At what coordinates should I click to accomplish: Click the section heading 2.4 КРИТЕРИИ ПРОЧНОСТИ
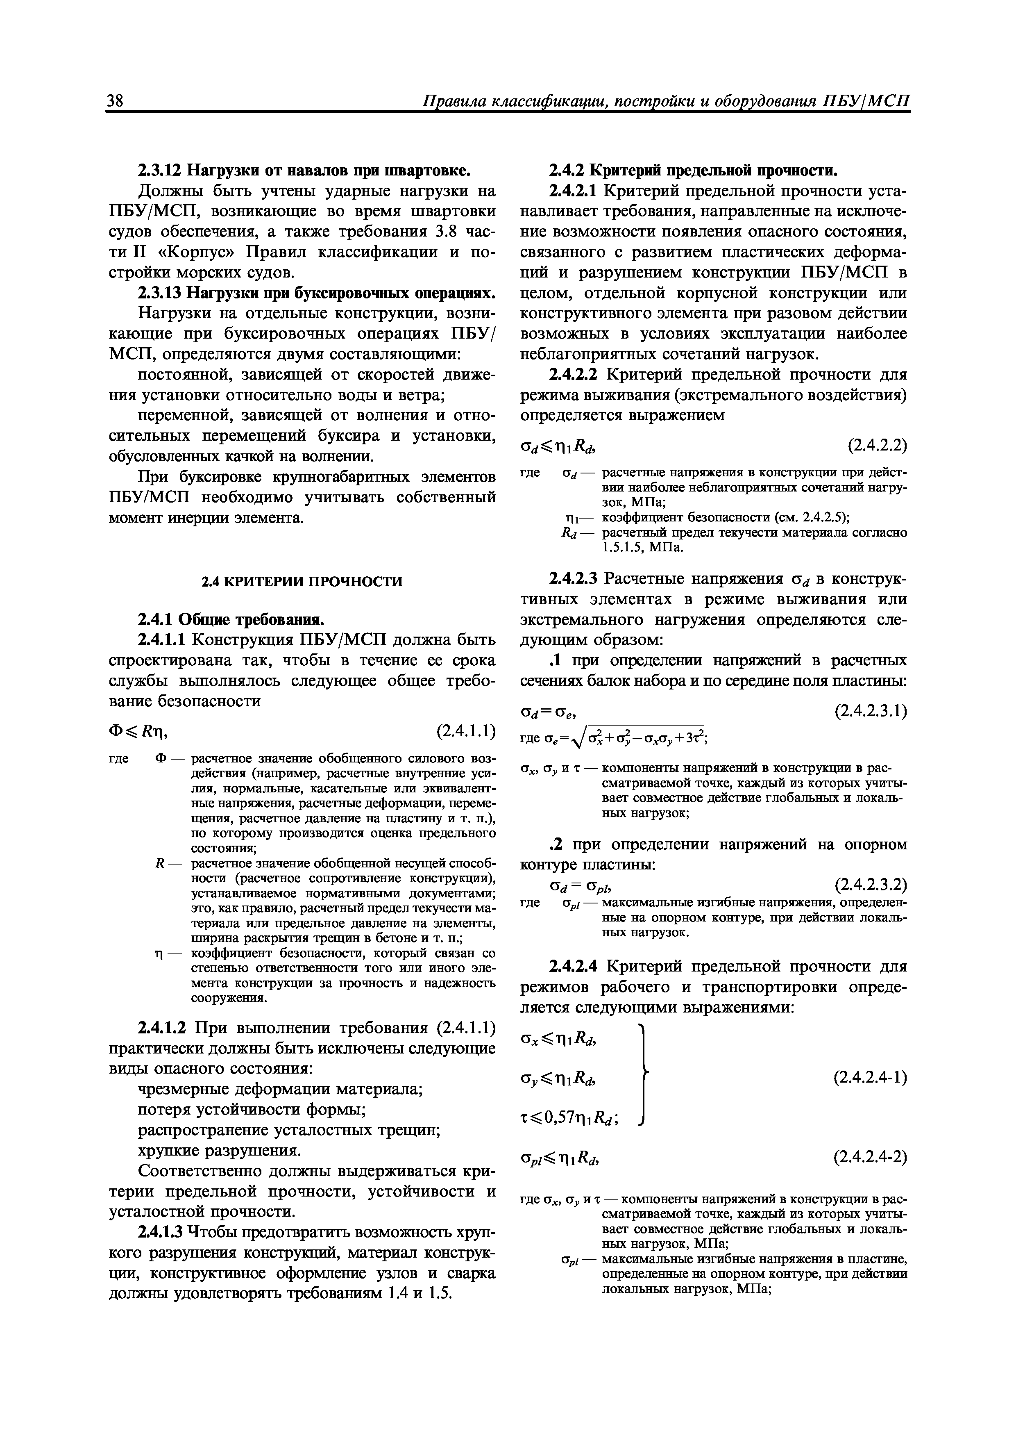point(301,581)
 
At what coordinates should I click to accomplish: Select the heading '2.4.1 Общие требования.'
point(230,620)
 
